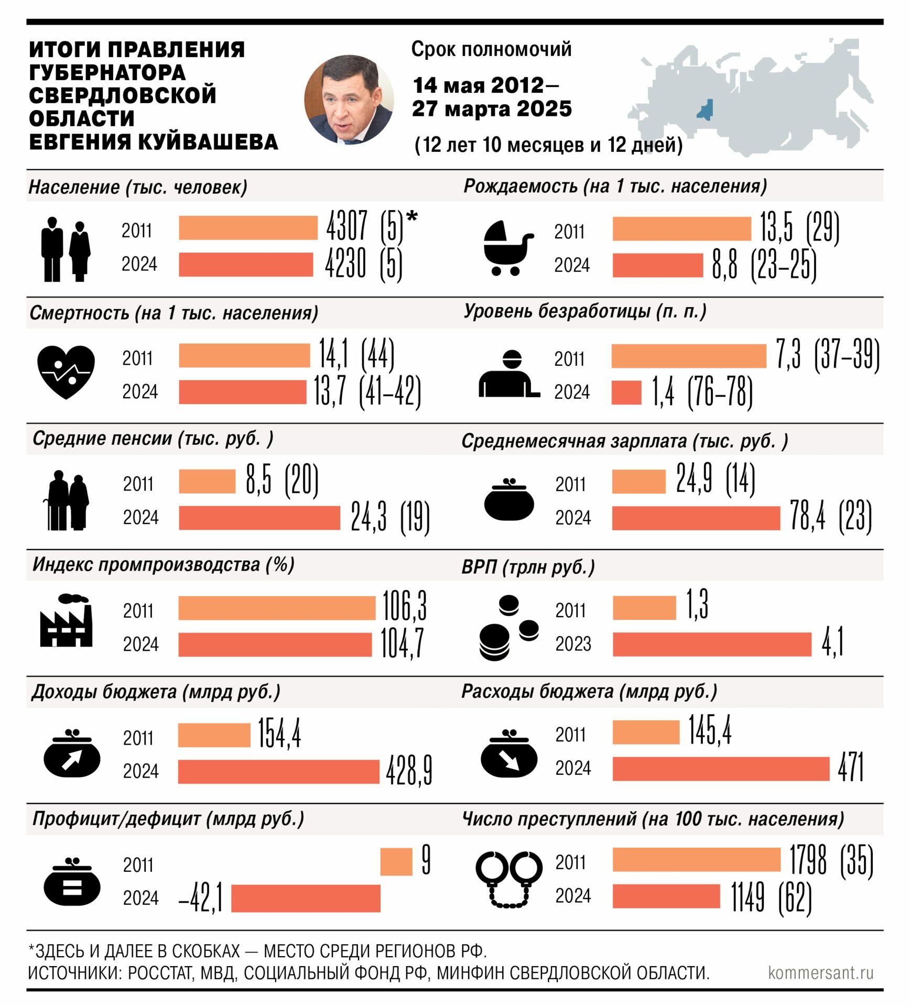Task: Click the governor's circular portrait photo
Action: pyautogui.click(x=349, y=99)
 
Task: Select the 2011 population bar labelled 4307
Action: pyautogui.click(x=248, y=228)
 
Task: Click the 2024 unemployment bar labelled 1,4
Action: pyautogui.click(x=626, y=392)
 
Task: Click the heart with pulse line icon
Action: pyautogui.click(x=66, y=371)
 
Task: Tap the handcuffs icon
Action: pyautogui.click(x=509, y=879)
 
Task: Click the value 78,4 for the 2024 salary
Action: pyautogui.click(x=807, y=516)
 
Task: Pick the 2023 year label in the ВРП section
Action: pyautogui.click(x=573, y=643)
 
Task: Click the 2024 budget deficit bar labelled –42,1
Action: pyautogui.click(x=306, y=898)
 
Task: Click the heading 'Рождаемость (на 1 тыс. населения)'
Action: pyautogui.click(x=615, y=186)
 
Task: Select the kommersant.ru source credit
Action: pyautogui.click(x=820, y=972)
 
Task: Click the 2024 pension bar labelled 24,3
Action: pyautogui.click(x=259, y=518)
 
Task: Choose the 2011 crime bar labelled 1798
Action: pyautogui.click(x=697, y=860)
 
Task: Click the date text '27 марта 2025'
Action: pyautogui.click(x=492, y=109)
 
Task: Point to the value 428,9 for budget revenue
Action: pyautogui.click(x=409, y=771)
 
